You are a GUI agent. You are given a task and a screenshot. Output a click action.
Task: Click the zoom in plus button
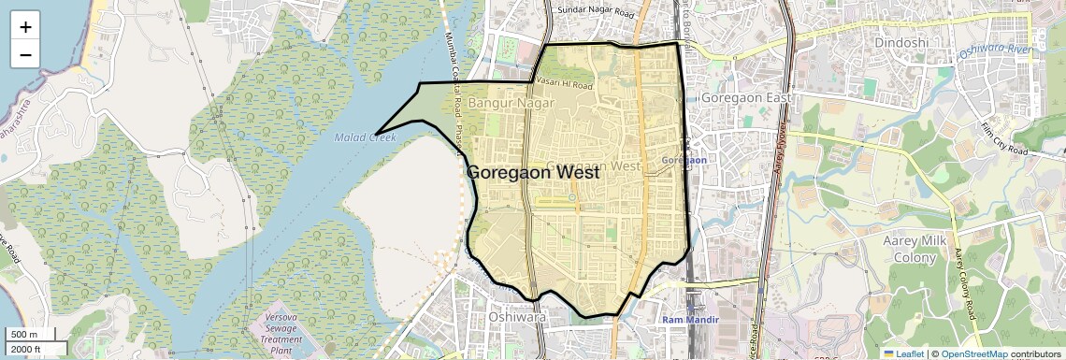point(25,26)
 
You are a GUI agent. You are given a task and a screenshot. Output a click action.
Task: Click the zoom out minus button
point(25,54)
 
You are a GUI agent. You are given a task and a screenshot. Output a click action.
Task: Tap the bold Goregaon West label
point(532,173)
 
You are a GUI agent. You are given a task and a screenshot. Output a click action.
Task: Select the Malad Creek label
point(366,137)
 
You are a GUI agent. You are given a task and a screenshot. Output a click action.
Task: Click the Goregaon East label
point(745,98)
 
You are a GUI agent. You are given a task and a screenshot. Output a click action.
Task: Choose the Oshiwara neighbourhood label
point(517,318)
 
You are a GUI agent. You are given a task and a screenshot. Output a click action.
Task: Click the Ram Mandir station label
point(690,320)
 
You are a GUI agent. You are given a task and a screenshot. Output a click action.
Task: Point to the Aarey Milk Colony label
point(915,249)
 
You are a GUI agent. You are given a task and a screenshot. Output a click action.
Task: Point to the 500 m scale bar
point(30,335)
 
